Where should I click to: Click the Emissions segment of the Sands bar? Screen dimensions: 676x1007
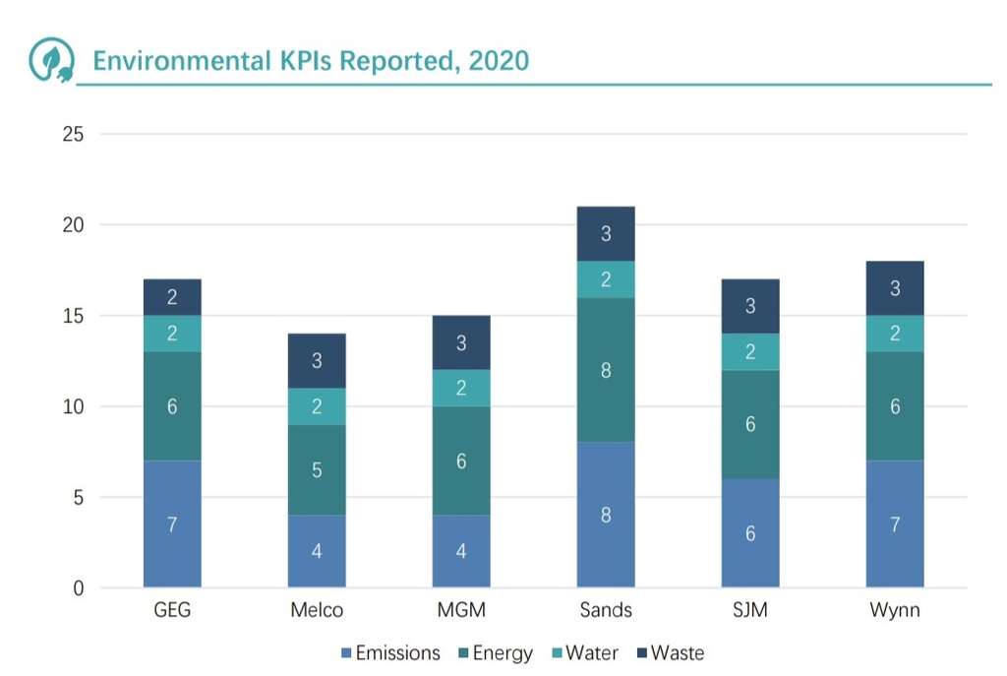pos(606,515)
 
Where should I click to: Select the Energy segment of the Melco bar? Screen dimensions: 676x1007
pos(317,469)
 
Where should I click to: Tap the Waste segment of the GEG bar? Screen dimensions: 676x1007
pos(172,297)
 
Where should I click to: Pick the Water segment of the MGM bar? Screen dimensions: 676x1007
pos(461,388)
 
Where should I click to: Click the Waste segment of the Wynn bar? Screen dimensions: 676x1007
pos(895,288)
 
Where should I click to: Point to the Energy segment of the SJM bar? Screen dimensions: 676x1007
pos(750,424)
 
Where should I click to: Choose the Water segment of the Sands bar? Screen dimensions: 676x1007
pos(606,279)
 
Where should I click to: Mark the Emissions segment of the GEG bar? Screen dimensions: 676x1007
pos(172,523)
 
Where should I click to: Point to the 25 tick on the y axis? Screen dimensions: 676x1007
pos(73,134)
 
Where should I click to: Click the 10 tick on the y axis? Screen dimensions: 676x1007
pos(73,406)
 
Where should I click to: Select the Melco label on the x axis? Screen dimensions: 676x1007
pos(317,610)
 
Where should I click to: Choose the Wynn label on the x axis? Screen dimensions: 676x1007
pos(895,610)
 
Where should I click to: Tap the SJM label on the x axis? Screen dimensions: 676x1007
pos(750,610)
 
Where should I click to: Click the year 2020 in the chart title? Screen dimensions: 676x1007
pos(499,60)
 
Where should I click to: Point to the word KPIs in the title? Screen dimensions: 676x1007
pos(304,60)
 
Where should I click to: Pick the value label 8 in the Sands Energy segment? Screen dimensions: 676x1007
pos(606,370)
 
